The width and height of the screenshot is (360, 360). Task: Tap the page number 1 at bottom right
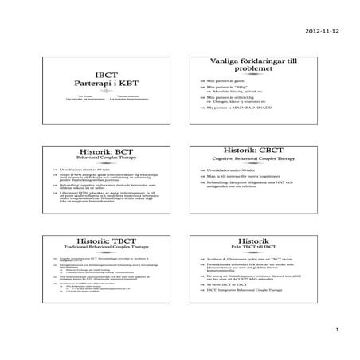coord(337,328)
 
